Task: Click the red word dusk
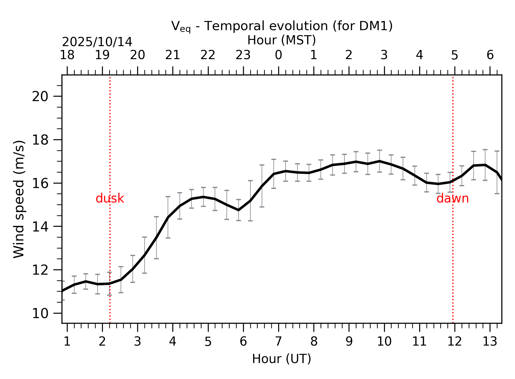coord(110,198)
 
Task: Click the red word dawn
coord(452,198)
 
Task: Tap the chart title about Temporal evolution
coord(282,26)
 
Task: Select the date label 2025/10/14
coord(97,42)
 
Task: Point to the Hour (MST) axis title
coord(281,40)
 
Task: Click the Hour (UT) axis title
coord(281,359)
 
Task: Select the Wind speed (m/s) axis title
coord(19,199)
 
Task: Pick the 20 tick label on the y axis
coord(40,96)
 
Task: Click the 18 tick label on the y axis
coord(40,140)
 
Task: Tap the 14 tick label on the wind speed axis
coord(40,227)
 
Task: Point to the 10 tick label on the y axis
coord(40,313)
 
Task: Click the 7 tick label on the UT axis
coord(278,342)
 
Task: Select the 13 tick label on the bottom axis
coord(490,342)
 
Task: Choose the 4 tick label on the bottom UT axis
coord(173,342)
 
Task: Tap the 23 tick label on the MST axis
coord(243,55)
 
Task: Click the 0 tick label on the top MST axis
coord(278,55)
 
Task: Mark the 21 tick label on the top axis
coord(173,55)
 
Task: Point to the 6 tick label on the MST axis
coord(490,55)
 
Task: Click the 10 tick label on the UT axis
coord(384,342)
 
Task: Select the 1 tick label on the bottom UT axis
coord(67,342)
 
